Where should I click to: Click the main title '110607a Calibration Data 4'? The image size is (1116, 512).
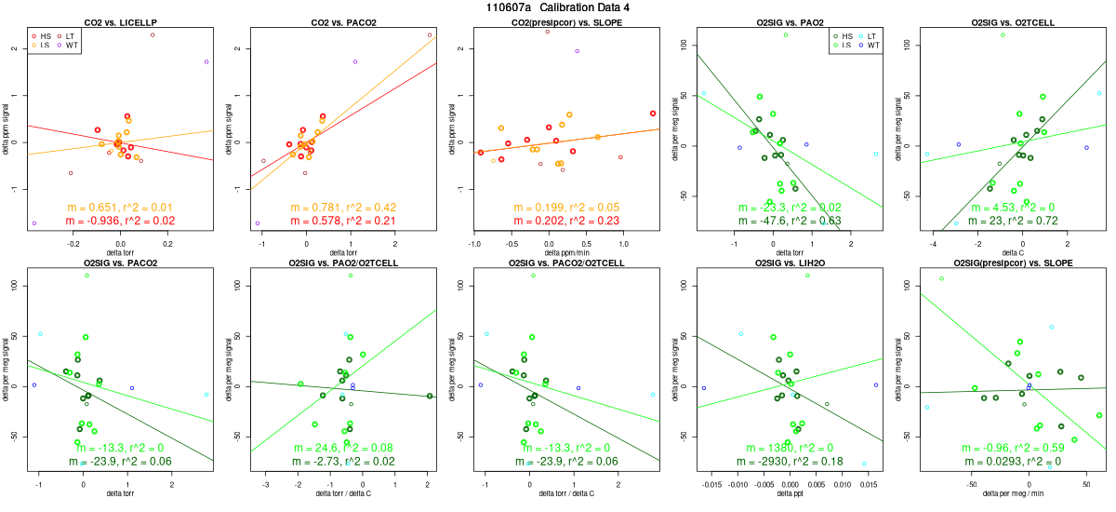coord(558,7)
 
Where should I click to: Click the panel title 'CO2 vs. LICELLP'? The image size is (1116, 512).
coord(119,21)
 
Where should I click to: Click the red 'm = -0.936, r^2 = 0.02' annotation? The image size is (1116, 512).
coord(119,222)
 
